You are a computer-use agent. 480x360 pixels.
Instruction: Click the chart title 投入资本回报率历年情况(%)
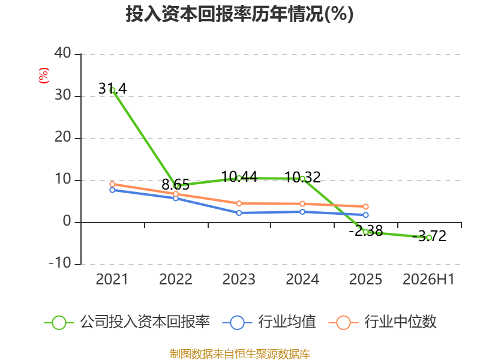(x=239, y=14)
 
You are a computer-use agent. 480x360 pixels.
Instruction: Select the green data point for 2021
(x=112, y=91)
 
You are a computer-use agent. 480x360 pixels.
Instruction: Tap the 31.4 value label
(x=112, y=88)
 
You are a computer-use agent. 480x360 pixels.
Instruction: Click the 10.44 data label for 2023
(x=239, y=176)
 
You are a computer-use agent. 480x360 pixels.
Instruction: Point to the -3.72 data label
(x=429, y=236)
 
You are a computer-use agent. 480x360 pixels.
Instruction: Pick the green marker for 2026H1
(x=429, y=238)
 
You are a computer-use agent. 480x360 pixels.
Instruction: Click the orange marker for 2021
(x=112, y=184)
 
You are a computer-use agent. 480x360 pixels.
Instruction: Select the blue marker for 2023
(x=239, y=213)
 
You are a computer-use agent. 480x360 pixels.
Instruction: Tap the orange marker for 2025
(x=365, y=206)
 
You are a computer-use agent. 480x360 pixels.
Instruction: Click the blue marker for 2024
(x=302, y=212)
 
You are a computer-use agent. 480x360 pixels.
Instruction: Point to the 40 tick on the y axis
(x=63, y=53)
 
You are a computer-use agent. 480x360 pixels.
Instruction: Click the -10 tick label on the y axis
(x=60, y=263)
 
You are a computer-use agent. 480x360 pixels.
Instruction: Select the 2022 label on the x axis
(x=176, y=279)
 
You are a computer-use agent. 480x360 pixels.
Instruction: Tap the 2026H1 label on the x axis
(x=428, y=279)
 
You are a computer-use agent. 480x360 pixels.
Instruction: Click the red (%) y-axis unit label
(x=43, y=76)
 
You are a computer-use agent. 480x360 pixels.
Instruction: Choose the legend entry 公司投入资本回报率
(x=127, y=322)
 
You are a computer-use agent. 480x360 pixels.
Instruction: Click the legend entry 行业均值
(x=269, y=322)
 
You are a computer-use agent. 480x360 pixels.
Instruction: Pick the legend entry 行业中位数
(x=382, y=322)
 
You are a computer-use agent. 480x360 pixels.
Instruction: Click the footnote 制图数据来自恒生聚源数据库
(x=240, y=354)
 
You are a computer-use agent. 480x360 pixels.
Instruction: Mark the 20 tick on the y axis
(x=63, y=137)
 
